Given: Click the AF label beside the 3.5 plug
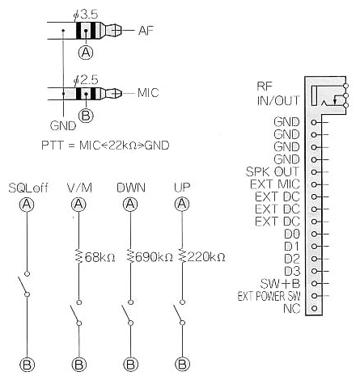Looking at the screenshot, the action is click(146, 31).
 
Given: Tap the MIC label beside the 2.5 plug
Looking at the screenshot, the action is click(148, 93).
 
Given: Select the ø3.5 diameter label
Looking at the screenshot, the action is click(86, 15).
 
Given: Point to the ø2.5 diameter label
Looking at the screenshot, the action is click(86, 80).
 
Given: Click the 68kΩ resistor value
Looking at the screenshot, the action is click(100, 257).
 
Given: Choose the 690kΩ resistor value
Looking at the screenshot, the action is click(154, 257).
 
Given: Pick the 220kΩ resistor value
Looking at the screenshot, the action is click(206, 257).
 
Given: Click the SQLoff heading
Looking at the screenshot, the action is click(28, 188).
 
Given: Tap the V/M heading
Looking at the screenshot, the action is click(79, 188).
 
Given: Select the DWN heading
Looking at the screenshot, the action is click(131, 188).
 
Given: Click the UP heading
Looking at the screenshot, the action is click(182, 188).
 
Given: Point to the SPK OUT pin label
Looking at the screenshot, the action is click(273, 171).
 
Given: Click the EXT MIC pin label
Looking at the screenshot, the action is click(275, 184).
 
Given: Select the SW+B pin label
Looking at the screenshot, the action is click(280, 283).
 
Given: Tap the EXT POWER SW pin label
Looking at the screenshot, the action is click(269, 296).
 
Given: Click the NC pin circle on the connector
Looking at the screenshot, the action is click(314, 308).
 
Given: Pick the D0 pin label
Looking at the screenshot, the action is click(292, 234).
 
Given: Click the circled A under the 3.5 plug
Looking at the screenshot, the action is click(86, 53).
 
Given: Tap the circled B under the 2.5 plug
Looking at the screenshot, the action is click(86, 116).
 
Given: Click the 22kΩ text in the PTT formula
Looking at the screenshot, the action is click(123, 146).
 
